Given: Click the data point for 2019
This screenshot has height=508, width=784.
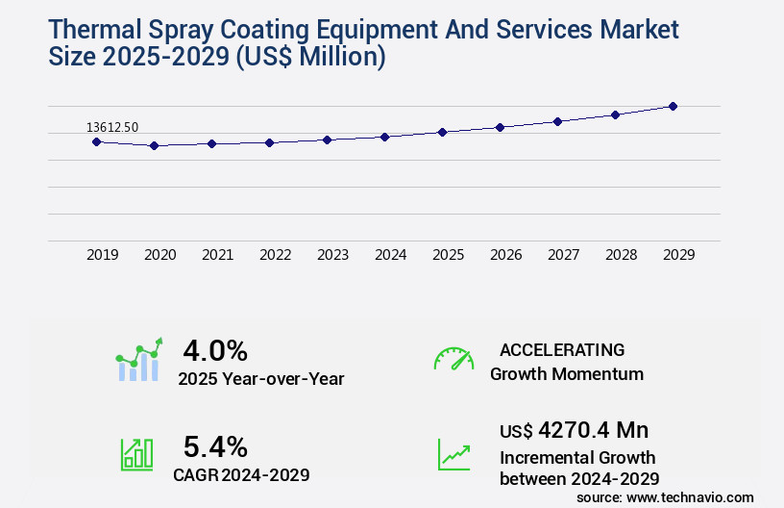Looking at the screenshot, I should [96, 141].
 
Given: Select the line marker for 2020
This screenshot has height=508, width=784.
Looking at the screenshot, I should [154, 146].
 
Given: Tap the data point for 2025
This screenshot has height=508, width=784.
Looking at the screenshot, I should [442, 132].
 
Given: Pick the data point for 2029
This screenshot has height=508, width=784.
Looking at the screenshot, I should [673, 106].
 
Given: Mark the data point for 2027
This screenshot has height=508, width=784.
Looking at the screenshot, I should [557, 121].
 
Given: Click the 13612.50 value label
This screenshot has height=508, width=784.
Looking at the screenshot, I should [112, 127].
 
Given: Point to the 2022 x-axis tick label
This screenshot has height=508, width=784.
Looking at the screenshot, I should [275, 255].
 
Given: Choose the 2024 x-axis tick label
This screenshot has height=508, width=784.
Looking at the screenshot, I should [390, 255].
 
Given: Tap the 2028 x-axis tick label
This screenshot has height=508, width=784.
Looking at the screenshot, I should [621, 255].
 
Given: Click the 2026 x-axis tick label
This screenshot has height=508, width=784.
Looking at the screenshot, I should [505, 255].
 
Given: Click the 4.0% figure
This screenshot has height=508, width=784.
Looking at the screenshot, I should [215, 350].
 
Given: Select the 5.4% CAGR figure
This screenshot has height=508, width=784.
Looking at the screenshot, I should [215, 446].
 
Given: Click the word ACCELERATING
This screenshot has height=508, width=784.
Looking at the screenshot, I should [562, 349].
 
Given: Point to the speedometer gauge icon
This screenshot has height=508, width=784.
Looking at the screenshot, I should [453, 359].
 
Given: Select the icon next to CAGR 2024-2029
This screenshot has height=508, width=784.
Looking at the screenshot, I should [136, 454].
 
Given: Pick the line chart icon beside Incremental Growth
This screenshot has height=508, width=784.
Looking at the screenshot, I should [453, 454].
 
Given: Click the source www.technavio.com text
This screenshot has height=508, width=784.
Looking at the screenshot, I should [665, 496].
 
